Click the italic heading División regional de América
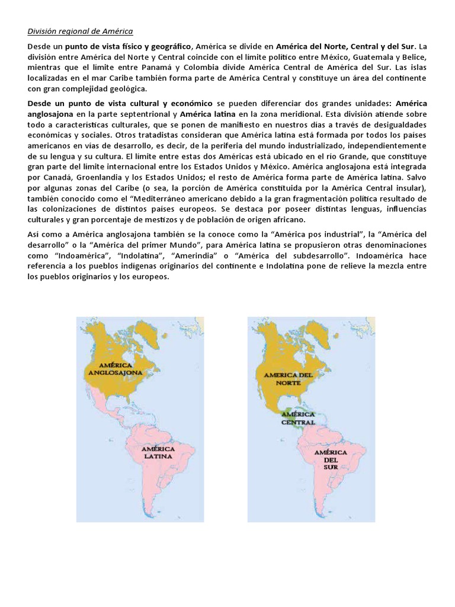pos(80,30)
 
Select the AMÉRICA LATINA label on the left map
pos(158,453)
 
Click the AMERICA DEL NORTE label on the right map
pos(288,379)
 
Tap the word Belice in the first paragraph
pos(415,56)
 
